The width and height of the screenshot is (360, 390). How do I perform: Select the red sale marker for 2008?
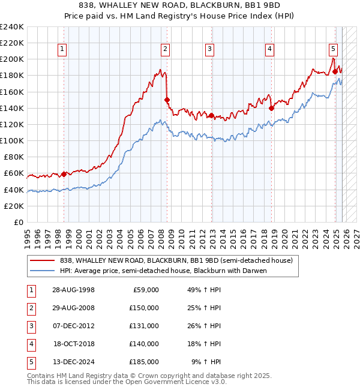click(167, 100)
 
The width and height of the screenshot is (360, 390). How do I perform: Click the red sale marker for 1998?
click(64, 174)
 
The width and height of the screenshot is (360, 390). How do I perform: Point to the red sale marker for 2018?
click(271, 108)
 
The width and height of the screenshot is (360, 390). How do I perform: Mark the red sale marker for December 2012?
click(211, 115)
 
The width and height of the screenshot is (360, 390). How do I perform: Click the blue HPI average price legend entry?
click(162, 271)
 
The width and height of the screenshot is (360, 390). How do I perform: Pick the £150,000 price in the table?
click(144, 308)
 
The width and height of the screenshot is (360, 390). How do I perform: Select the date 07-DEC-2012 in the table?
click(73, 326)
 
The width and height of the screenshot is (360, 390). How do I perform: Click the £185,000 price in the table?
click(144, 362)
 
